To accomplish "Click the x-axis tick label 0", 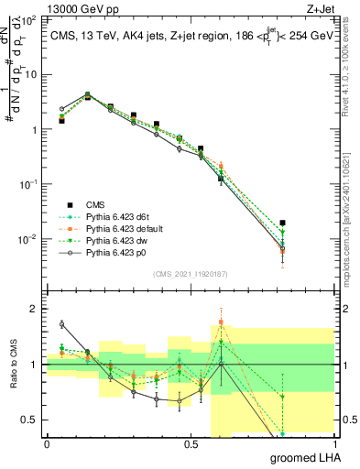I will [47, 444].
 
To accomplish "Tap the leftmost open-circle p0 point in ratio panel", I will [61, 324].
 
